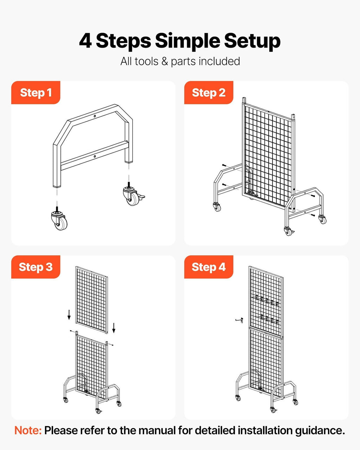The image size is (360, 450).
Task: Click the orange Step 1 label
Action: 36,93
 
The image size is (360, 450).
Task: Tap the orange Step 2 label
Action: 208,93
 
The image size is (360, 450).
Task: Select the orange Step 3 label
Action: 36,267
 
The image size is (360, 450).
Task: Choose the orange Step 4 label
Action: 208,267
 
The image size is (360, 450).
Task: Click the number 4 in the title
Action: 85,41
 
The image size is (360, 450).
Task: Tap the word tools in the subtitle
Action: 146,62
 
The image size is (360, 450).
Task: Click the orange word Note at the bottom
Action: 28,430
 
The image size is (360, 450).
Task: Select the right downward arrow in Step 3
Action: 114,327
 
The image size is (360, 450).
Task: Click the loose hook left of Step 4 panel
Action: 239,320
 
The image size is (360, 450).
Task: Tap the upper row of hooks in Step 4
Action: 267,301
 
